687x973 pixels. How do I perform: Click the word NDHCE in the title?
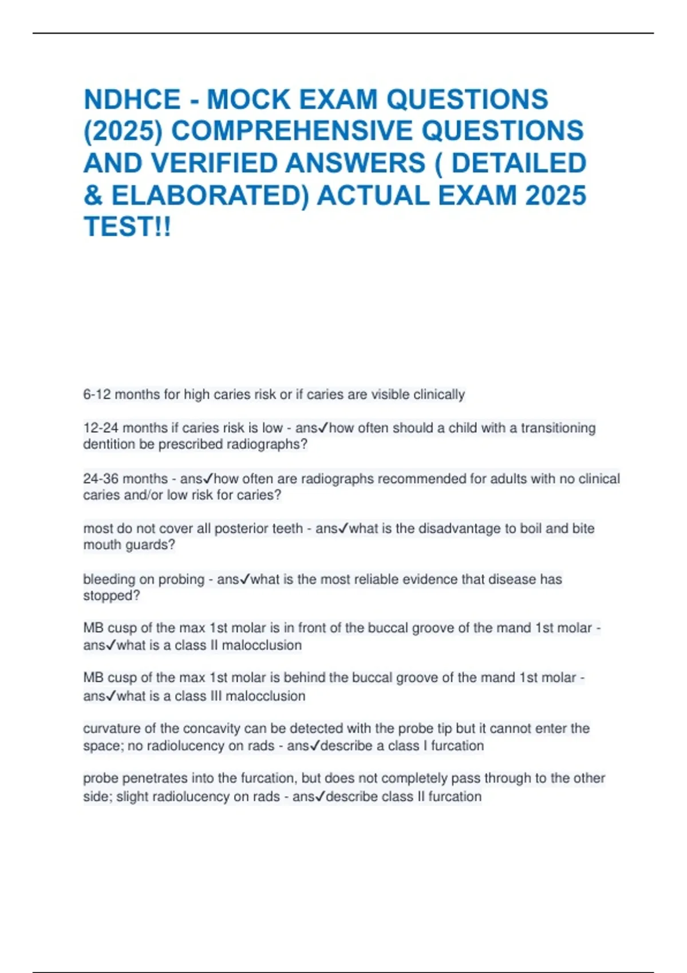click(x=132, y=100)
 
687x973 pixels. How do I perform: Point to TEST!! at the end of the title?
click(x=127, y=227)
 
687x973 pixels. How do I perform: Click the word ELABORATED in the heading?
click(x=209, y=195)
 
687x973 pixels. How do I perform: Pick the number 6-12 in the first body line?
click(x=97, y=394)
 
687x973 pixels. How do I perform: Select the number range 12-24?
click(x=101, y=428)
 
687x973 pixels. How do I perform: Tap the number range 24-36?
click(x=101, y=478)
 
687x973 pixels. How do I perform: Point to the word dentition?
click(x=109, y=444)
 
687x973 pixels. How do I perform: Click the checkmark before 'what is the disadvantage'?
click(x=343, y=529)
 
